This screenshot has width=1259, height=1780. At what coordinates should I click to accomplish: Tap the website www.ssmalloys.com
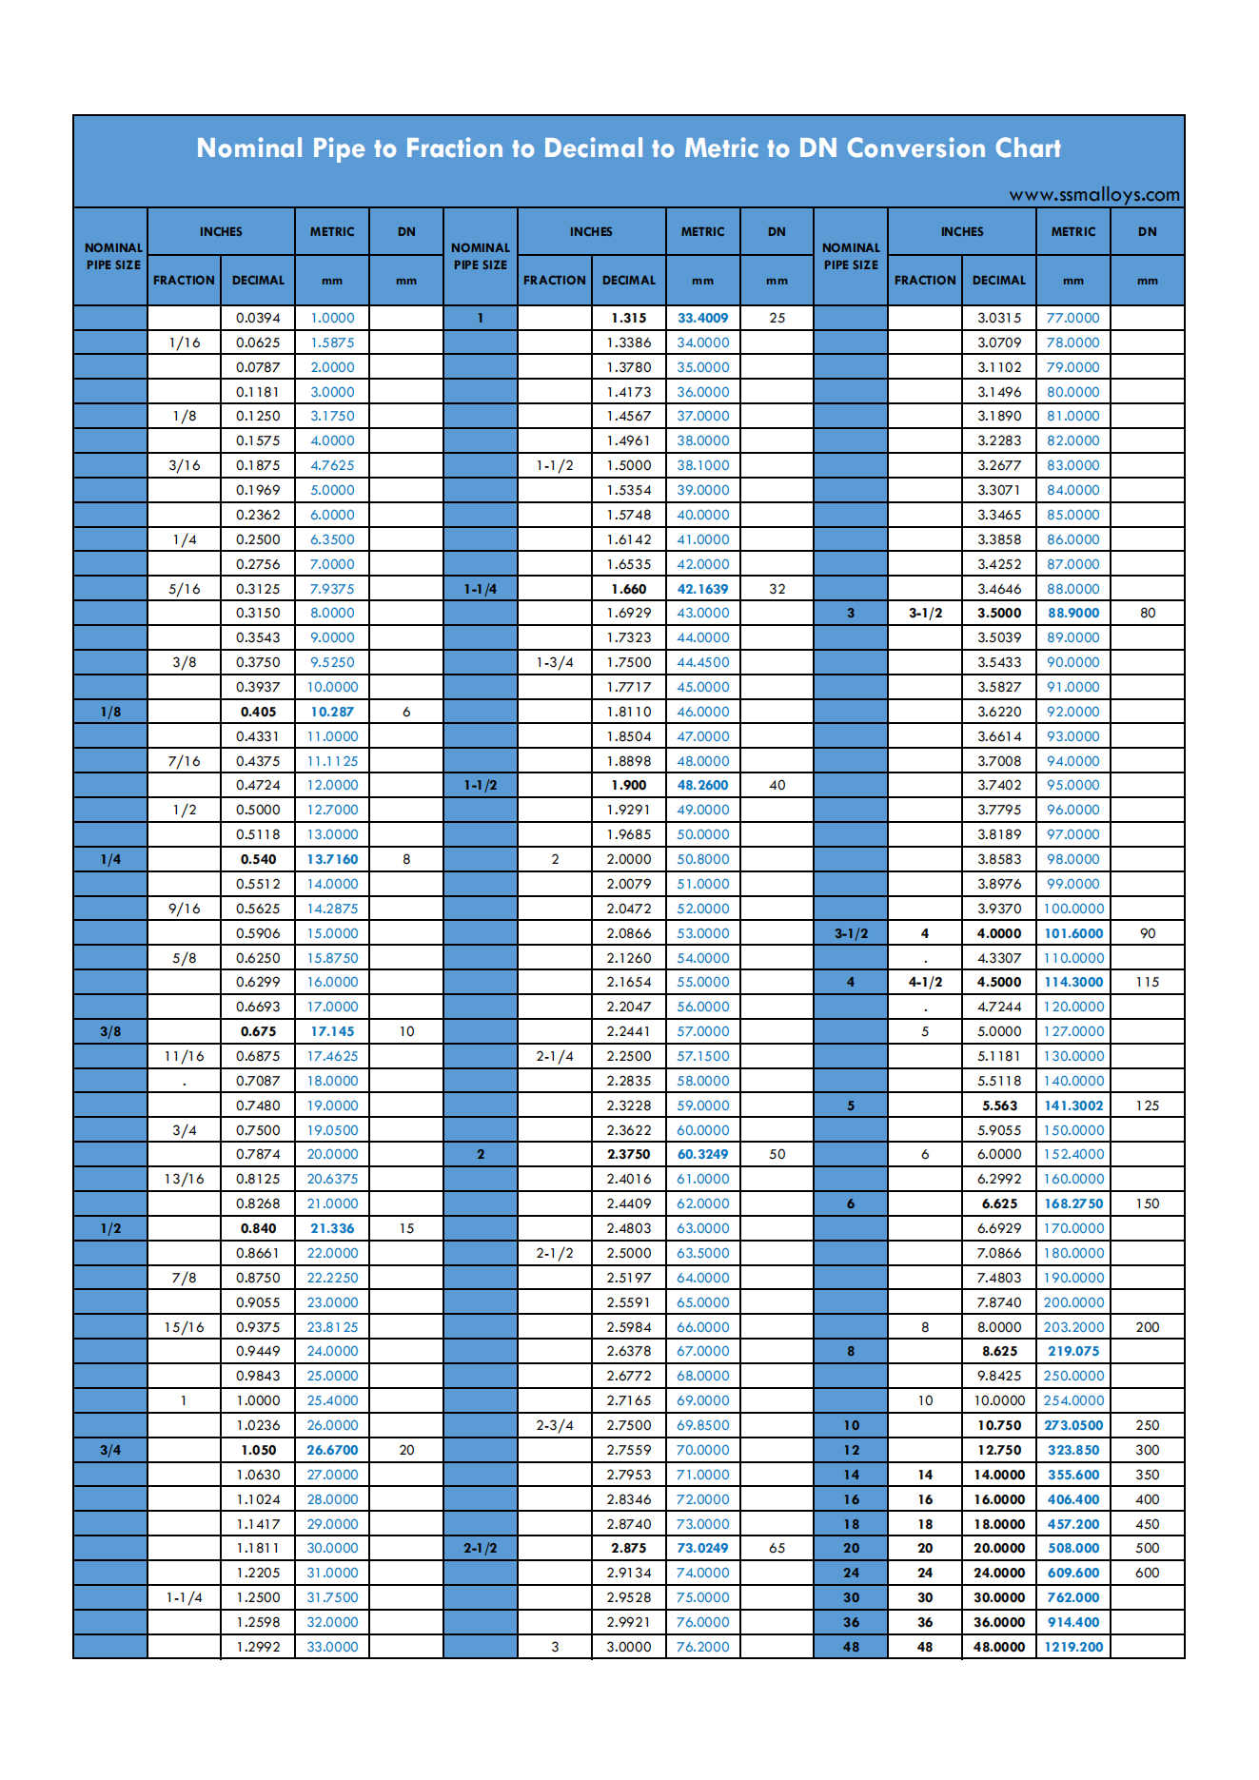click(x=1093, y=195)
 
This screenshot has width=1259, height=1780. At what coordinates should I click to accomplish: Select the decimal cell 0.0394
click(x=258, y=318)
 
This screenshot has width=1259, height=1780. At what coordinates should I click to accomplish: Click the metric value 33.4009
click(x=702, y=318)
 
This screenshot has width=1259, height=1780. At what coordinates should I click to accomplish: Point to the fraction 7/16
click(x=184, y=761)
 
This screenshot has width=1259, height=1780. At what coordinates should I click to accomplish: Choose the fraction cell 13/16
click(x=184, y=1179)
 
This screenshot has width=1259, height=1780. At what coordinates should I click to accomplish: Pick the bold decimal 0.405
click(x=258, y=712)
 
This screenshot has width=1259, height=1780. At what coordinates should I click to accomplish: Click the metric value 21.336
click(x=332, y=1228)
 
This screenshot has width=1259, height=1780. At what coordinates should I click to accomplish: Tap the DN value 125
click(x=1147, y=1105)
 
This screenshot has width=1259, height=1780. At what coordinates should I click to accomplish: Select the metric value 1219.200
click(x=1073, y=1647)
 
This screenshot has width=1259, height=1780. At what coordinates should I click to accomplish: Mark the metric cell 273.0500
click(x=1073, y=1425)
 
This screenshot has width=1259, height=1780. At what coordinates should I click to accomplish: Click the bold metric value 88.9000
click(x=1073, y=613)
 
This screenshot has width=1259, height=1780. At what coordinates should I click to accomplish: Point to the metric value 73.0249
click(x=702, y=1548)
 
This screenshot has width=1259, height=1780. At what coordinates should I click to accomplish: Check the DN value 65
click(x=777, y=1548)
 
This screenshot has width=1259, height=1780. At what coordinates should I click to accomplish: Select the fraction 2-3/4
click(x=555, y=1425)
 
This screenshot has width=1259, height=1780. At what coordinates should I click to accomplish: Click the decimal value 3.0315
click(x=999, y=318)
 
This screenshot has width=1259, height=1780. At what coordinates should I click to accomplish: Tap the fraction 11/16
click(x=184, y=1056)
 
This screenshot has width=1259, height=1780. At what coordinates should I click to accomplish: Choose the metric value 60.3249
click(x=702, y=1154)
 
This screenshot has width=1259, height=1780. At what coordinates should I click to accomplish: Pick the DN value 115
click(x=1147, y=982)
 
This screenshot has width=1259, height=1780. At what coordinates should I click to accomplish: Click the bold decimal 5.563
click(x=999, y=1105)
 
